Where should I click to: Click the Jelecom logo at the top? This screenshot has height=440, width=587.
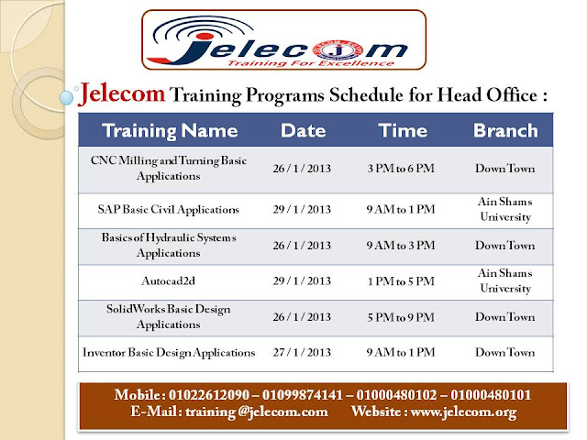point(283,40)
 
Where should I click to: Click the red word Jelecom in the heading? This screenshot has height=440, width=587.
point(122,93)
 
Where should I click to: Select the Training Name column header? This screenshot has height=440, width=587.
point(170,130)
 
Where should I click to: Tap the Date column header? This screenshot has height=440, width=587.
point(304,130)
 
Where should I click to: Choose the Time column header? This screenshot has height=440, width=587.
point(403,130)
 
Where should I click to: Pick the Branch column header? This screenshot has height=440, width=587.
point(505,130)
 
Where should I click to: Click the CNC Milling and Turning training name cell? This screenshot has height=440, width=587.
point(169,169)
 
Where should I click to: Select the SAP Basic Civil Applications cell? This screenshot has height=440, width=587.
point(169,209)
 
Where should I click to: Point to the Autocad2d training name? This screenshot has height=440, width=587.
point(169,281)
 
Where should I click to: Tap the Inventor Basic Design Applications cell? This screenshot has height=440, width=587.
point(169,352)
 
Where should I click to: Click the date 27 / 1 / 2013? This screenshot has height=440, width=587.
point(302,352)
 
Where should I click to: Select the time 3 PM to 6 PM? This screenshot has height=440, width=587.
point(401,169)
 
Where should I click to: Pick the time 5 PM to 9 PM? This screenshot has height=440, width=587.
point(401,317)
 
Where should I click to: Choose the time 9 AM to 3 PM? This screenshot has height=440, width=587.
point(401,246)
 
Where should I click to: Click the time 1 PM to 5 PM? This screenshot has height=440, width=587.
point(401,281)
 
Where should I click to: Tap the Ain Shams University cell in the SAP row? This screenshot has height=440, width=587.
point(505,209)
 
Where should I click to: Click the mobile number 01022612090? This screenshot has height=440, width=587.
point(209,395)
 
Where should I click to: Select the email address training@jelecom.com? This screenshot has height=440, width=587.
point(257,412)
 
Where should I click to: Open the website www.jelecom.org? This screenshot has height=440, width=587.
point(464,412)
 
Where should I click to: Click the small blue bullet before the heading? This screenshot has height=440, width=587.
point(67,98)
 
